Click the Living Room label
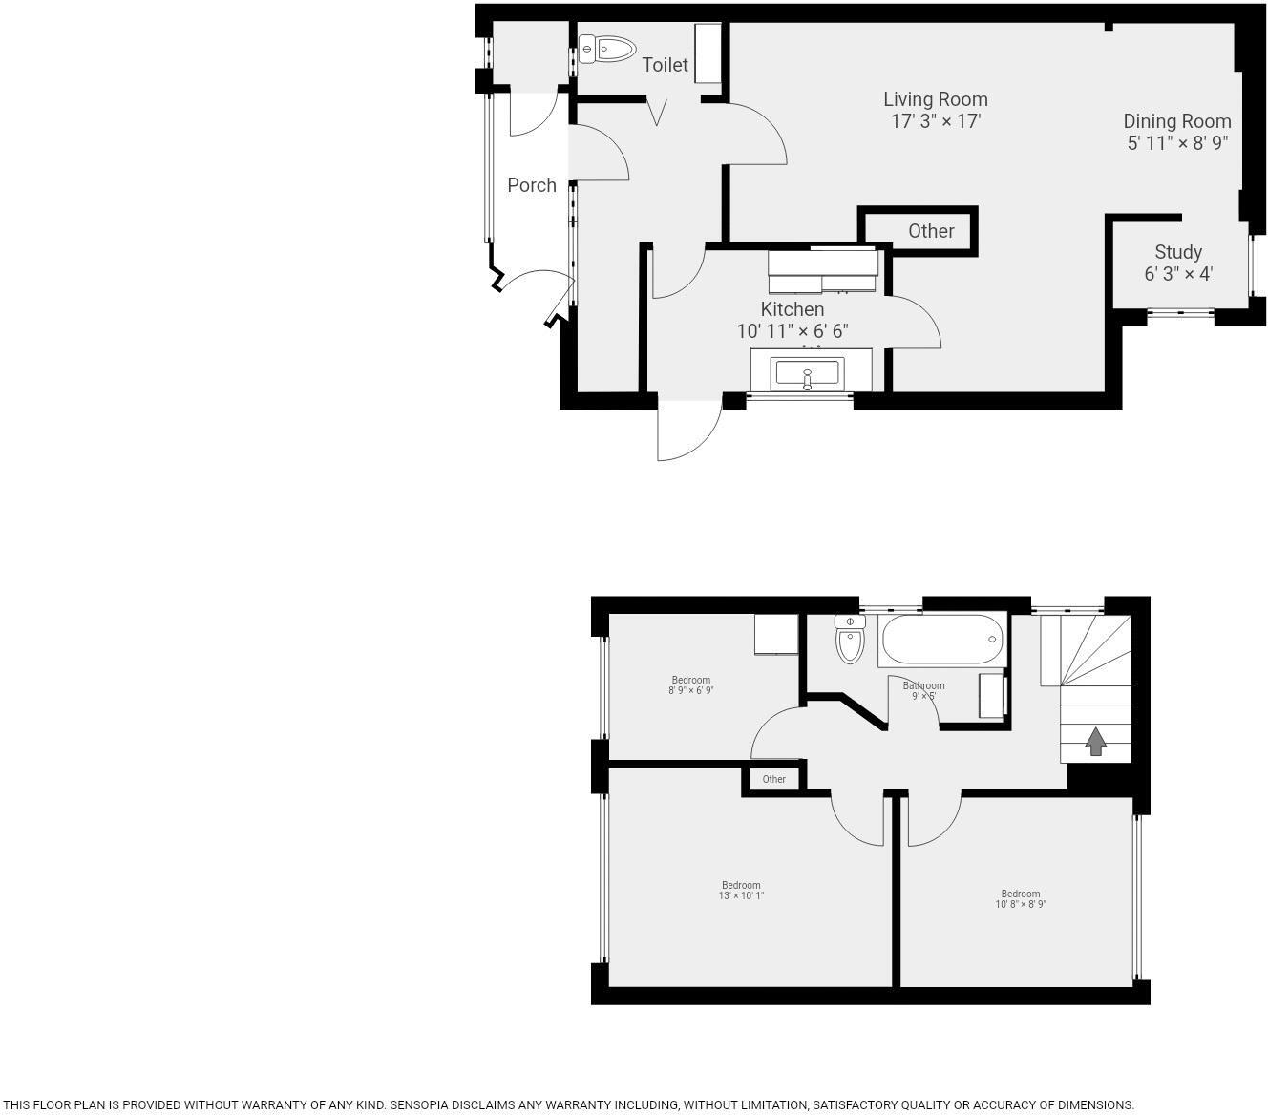pyautogui.click(x=935, y=99)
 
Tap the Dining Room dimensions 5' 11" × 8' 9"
pyautogui.click(x=1176, y=143)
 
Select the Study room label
pyautogui.click(x=1177, y=252)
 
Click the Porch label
pyautogui.click(x=531, y=185)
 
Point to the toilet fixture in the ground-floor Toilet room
pyautogui.click(x=607, y=49)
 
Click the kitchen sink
pyautogui.click(x=807, y=371)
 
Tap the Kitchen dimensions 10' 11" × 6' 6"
pyautogui.click(x=792, y=331)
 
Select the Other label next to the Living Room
pyautogui.click(x=930, y=231)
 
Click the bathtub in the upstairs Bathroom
pyautogui.click(x=941, y=639)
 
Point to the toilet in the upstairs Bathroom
pyautogui.click(x=849, y=639)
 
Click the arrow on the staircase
pyautogui.click(x=1095, y=741)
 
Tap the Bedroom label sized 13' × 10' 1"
pyautogui.click(x=741, y=885)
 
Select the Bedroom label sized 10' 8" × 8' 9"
pyautogui.click(x=1020, y=894)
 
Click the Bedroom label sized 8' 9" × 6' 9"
pyautogui.click(x=690, y=681)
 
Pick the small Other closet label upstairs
pyautogui.click(x=773, y=779)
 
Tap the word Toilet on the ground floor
pyautogui.click(x=665, y=65)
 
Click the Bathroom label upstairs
pyautogui.click(x=923, y=685)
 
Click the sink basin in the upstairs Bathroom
pyautogui.click(x=991, y=696)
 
